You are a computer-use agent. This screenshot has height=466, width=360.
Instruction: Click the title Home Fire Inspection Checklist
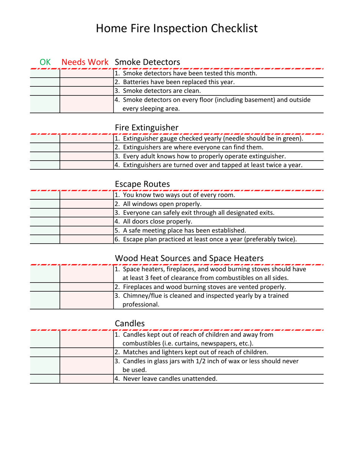tap(177, 28)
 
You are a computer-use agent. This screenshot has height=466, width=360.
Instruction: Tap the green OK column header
tap(45, 62)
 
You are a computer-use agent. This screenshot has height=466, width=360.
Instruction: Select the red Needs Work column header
tap(86, 62)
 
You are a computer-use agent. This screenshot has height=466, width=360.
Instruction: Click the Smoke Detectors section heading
tap(147, 62)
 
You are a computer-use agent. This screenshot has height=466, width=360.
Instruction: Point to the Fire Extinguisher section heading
tap(146, 128)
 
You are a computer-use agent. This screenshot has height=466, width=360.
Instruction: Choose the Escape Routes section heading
tap(142, 184)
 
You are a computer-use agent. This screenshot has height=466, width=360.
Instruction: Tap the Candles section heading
tap(130, 323)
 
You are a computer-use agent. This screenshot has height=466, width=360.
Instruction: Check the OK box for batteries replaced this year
tap(45, 82)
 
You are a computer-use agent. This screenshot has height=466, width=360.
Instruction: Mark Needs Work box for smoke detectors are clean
tap(86, 91)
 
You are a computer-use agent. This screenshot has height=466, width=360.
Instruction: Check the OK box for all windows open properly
tap(45, 204)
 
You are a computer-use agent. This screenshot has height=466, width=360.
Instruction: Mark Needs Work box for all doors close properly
tap(86, 221)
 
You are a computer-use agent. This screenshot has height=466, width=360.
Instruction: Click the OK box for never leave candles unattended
tap(45, 378)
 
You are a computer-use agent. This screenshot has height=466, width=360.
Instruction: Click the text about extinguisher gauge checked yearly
tap(209, 138)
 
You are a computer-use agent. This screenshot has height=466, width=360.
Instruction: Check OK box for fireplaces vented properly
tap(45, 286)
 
